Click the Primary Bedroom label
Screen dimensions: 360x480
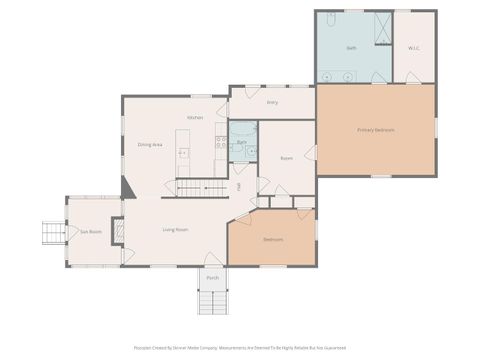click(x=376, y=130)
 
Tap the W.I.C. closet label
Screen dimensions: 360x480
click(x=414, y=48)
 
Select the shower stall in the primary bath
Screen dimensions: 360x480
click(x=382, y=27)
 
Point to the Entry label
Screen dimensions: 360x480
click(x=272, y=102)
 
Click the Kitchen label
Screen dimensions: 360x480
click(x=195, y=118)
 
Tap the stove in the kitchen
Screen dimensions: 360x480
click(x=221, y=141)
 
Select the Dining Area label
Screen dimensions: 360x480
click(x=150, y=144)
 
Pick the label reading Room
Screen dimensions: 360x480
click(x=286, y=158)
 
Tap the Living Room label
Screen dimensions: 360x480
click(x=176, y=229)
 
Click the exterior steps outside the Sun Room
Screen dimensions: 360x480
click(x=52, y=234)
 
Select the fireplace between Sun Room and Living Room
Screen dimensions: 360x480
click(x=118, y=231)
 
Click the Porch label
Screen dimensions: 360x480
click(x=212, y=278)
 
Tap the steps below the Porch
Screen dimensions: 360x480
click(x=212, y=302)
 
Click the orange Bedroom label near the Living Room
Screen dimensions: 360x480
click(x=273, y=240)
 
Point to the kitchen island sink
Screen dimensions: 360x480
click(x=183, y=153)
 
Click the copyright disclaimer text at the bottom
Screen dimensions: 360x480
click(x=240, y=349)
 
